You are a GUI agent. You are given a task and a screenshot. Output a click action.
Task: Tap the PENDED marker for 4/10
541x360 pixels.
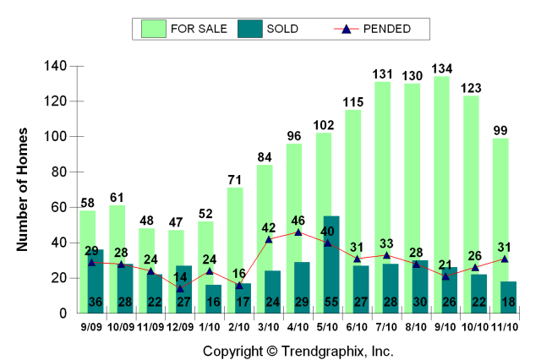(x=298, y=232)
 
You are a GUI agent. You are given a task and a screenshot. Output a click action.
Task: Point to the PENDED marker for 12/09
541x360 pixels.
(x=180, y=288)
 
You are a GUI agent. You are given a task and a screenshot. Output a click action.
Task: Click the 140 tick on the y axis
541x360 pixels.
(x=56, y=66)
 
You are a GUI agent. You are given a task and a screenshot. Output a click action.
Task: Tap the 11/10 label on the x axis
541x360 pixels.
(x=505, y=326)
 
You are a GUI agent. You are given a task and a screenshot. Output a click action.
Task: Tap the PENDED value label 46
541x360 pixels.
(x=298, y=220)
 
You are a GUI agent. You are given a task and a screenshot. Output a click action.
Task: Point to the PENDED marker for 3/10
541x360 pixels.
(x=269, y=239)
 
